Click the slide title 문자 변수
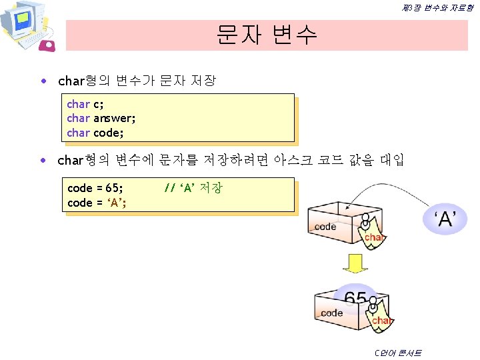(x=267, y=34)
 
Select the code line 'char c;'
(x=85, y=104)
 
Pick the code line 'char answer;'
(x=101, y=118)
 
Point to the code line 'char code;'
(x=95, y=132)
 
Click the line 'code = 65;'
(x=95, y=189)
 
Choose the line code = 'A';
(x=97, y=203)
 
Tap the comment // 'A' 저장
(x=193, y=188)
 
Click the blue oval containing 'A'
(x=445, y=219)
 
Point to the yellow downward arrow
(x=355, y=263)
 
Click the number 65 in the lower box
(x=355, y=299)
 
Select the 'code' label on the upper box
(x=325, y=227)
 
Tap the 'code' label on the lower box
(x=331, y=313)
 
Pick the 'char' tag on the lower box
(x=381, y=321)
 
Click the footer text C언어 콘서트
(x=398, y=353)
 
